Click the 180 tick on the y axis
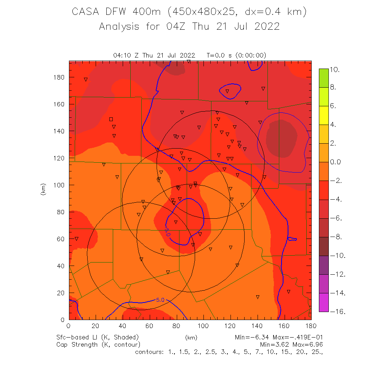(x=60, y=77)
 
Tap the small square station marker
(x=111, y=119)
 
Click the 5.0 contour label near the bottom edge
(x=160, y=300)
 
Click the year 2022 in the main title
(x=265, y=27)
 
